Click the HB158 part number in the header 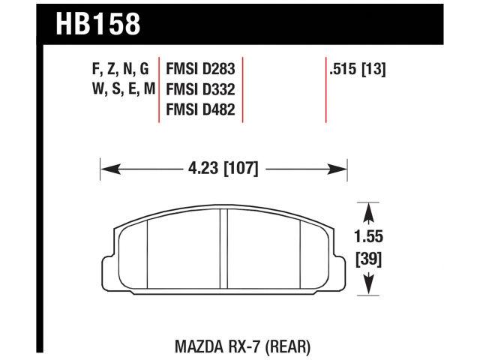pyautogui.click(x=98, y=23)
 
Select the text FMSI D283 pyautogui.click(x=200, y=70)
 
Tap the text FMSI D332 pyautogui.click(x=200, y=91)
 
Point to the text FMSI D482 pyautogui.click(x=200, y=111)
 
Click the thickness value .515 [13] pyautogui.click(x=356, y=70)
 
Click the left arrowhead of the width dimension pyautogui.click(x=106, y=169)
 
